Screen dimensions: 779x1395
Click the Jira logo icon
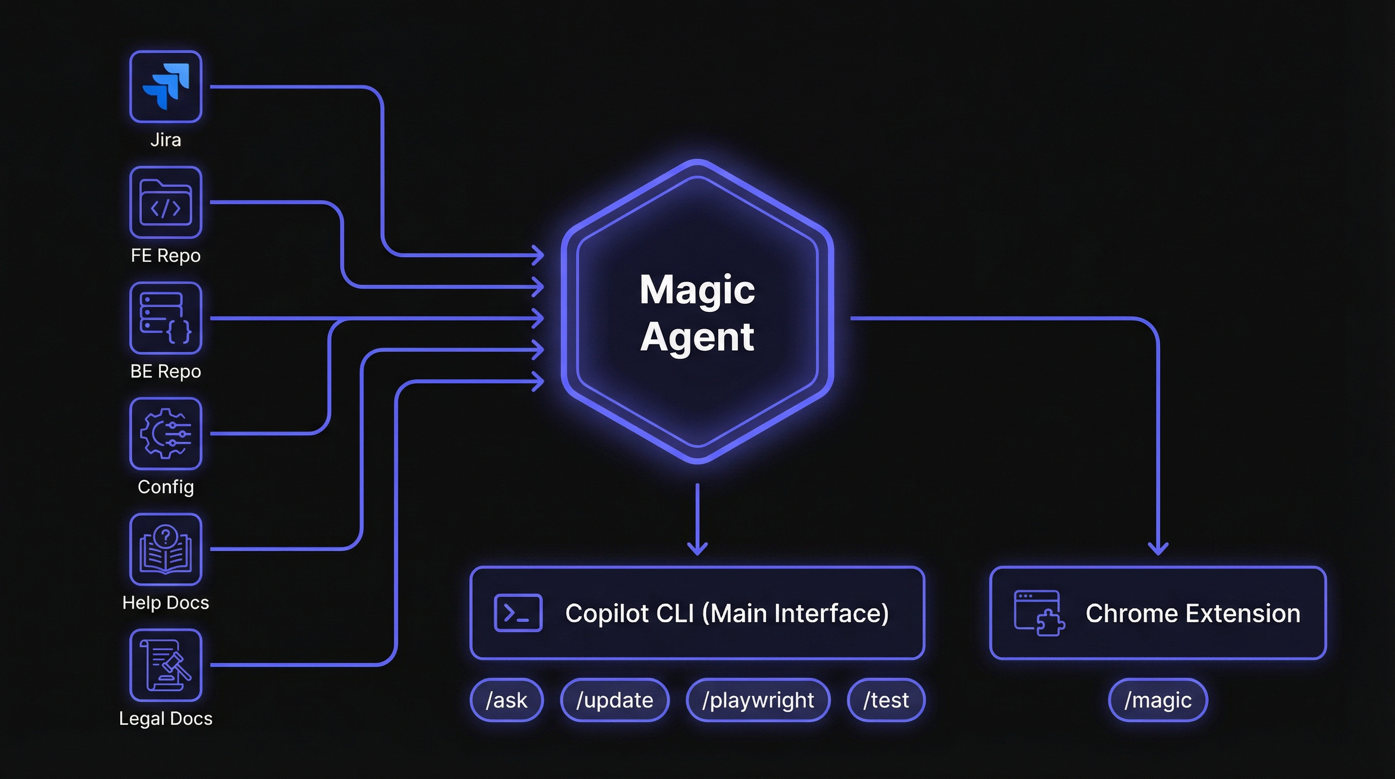166,87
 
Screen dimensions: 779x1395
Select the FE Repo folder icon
166,202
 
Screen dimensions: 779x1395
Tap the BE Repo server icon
166,318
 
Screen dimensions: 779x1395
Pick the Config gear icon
166,434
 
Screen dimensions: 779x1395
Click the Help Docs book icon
166,549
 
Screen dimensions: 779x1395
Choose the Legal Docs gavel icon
166,665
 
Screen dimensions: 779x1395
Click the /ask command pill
506,700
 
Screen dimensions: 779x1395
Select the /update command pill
615,700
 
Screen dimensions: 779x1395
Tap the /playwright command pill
758,700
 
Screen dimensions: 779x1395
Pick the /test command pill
886,700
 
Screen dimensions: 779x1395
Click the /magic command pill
1158,700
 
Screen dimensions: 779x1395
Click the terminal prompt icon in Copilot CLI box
518,613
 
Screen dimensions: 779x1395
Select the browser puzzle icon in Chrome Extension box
1039,613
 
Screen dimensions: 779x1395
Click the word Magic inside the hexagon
697,290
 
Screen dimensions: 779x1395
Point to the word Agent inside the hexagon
697,337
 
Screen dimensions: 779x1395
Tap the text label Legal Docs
166,718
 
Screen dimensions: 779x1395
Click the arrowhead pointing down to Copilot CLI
697,549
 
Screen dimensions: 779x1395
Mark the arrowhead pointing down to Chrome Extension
1158,549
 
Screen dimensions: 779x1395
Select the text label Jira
166,140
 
